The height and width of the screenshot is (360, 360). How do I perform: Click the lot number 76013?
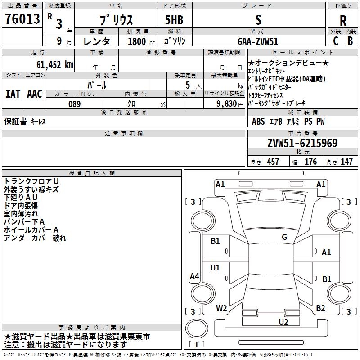point(22,18)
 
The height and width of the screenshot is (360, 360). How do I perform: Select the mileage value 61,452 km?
point(55,64)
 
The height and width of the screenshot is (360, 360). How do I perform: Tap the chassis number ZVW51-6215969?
point(302,143)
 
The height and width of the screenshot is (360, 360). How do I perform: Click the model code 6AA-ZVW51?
point(258,41)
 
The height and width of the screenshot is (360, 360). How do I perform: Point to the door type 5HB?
point(174,20)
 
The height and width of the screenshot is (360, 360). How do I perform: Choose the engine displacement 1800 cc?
point(141,41)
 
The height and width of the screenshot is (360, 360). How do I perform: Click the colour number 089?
point(74,104)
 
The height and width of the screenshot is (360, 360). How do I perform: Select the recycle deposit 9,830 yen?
point(230,104)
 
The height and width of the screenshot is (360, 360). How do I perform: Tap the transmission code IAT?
point(13,94)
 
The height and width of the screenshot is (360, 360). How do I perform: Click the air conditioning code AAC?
point(35,94)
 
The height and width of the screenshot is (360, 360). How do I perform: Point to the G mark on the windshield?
point(284,237)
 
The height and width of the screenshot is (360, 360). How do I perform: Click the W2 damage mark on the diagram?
point(221,308)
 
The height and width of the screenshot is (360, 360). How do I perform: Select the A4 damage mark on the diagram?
point(194,276)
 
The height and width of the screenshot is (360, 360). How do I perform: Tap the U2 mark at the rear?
point(283,322)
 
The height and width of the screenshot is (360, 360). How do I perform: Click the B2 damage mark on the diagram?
point(320,308)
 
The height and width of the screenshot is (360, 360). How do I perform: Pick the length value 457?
point(273,162)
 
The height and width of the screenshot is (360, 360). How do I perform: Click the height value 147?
point(346,162)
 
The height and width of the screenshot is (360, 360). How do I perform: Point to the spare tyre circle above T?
point(197,328)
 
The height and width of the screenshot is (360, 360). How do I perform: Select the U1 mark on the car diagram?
point(215,267)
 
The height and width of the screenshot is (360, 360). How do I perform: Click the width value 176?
point(310,162)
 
